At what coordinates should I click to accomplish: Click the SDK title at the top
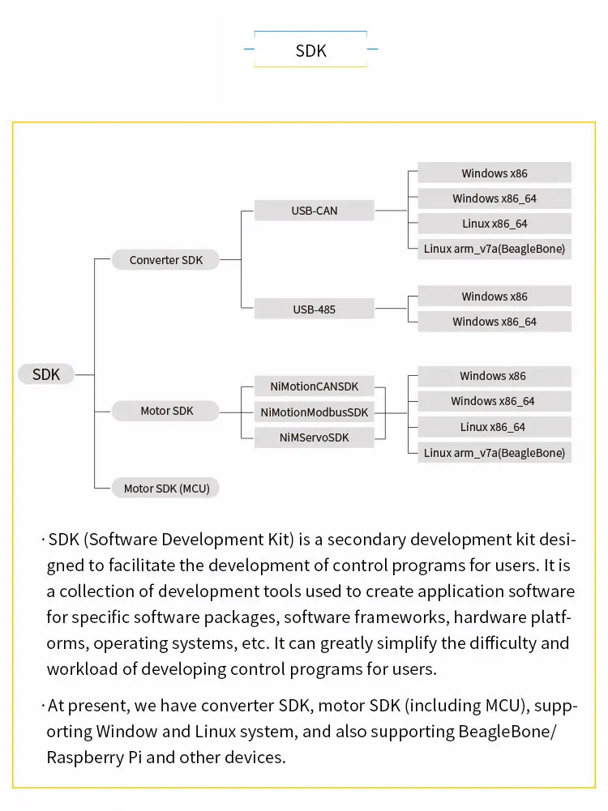310,50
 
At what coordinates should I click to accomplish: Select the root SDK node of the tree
46,374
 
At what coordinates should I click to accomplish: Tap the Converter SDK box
165,260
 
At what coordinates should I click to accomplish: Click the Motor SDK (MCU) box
165,489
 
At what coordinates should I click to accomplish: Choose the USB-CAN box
314,211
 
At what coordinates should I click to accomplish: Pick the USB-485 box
314,309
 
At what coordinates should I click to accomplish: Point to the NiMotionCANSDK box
314,386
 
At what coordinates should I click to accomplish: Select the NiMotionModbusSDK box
314,412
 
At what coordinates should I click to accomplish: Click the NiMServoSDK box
314,438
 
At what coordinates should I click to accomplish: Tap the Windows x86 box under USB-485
494,297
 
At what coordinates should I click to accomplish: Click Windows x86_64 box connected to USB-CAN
494,198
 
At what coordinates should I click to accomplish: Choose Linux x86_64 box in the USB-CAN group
494,224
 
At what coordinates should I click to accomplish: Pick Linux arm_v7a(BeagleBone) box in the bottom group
494,453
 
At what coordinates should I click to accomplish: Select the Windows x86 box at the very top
494,173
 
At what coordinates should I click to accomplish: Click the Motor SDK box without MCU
166,411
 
